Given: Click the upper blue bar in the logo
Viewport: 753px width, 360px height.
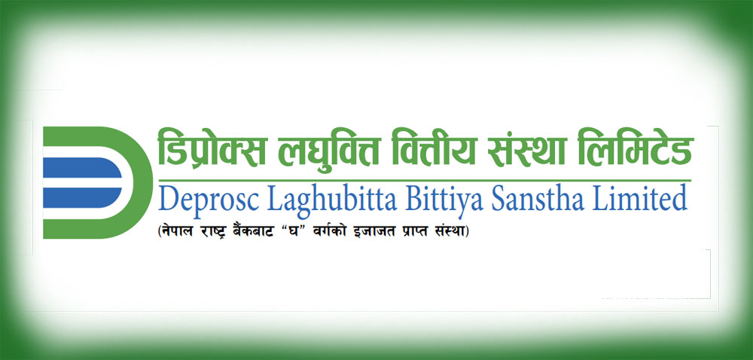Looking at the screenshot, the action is tap(81, 168).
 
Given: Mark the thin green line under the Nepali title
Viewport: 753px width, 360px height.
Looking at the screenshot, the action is tap(425, 181).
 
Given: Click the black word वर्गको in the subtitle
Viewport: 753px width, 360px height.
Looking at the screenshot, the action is tap(344, 232).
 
